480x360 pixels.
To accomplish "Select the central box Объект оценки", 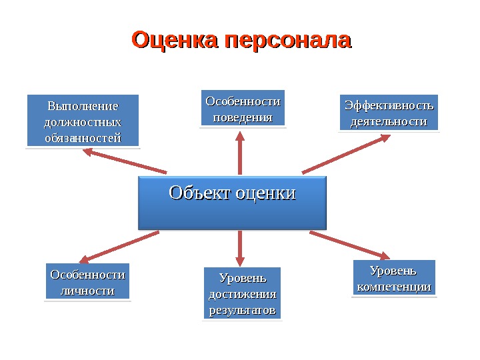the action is (232, 203).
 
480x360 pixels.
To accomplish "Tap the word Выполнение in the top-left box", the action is (83, 106).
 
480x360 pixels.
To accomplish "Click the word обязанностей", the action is (83, 138).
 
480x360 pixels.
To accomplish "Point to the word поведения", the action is (243, 117).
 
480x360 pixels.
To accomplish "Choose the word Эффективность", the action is (389, 105).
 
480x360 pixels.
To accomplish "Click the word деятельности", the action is (389, 121).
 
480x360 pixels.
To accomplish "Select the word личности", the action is (87, 291).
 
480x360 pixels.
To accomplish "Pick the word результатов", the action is (242, 311).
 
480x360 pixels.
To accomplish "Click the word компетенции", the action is (393, 287).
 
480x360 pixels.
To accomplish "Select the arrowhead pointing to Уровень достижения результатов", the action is (240, 260).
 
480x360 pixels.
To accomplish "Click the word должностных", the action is (83, 122).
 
